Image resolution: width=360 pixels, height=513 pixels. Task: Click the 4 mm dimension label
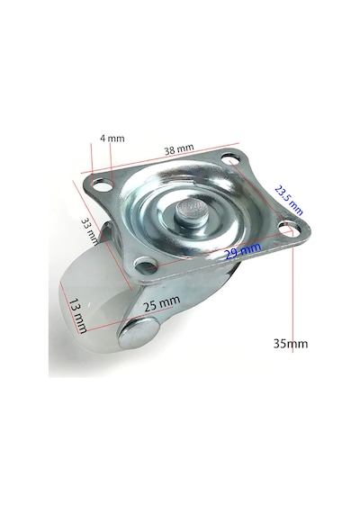click(x=112, y=139)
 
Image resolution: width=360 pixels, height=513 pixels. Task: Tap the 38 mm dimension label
click(x=179, y=149)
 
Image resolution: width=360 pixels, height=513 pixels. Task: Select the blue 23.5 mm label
click(x=288, y=200)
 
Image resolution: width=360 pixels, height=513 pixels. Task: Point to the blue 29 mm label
click(x=243, y=251)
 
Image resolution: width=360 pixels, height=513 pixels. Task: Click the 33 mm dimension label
click(x=89, y=231)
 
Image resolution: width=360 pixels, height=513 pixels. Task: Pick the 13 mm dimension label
click(x=78, y=315)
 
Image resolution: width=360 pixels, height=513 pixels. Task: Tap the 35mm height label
click(x=291, y=344)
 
